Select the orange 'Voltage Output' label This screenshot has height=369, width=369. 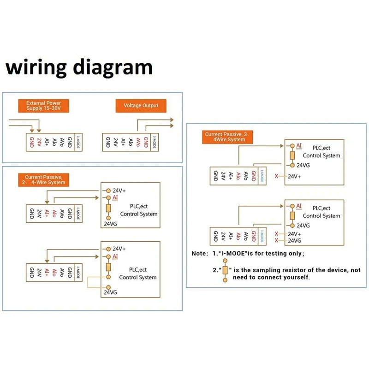pos(141,106)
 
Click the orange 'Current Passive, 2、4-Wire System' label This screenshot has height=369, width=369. pos(45,179)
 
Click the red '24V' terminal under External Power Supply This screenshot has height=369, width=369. pos(40,142)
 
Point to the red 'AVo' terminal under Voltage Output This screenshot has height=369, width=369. pos(139,142)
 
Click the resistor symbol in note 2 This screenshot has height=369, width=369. pos(225,271)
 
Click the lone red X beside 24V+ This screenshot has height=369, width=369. pos(276,176)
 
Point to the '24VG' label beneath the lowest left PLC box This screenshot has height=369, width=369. pos(111,292)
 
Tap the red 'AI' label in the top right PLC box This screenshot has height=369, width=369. pos(299,146)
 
